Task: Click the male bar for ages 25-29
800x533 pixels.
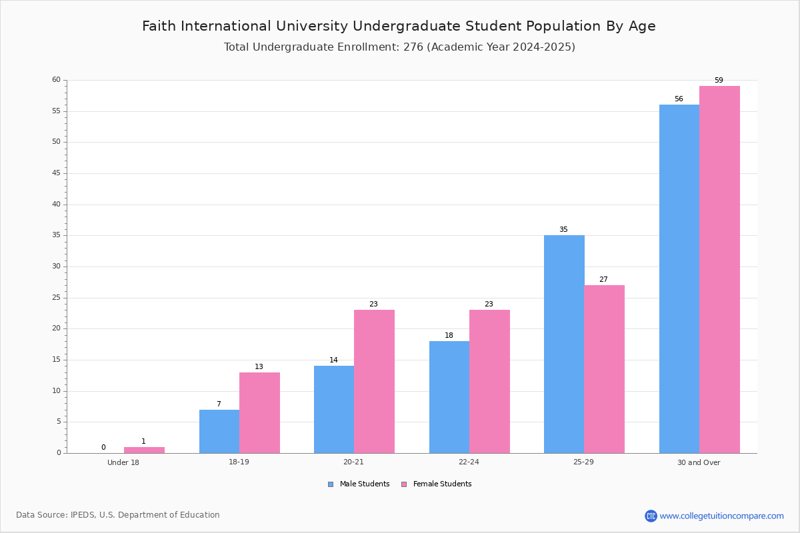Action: pyautogui.click(x=564, y=344)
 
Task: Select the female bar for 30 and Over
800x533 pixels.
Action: pyautogui.click(x=719, y=270)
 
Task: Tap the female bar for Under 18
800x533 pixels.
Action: pyautogui.click(x=144, y=450)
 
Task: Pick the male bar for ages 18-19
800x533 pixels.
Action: pyautogui.click(x=219, y=432)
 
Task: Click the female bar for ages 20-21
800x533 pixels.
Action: pyautogui.click(x=374, y=382)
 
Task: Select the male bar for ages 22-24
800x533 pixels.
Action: pyautogui.click(x=449, y=397)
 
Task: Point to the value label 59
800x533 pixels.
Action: pyautogui.click(x=719, y=81)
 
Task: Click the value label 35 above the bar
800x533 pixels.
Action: pyautogui.click(x=563, y=230)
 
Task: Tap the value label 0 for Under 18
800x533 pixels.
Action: pyautogui.click(x=103, y=447)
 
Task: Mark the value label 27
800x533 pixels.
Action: pyautogui.click(x=603, y=280)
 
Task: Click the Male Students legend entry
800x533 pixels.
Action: pyautogui.click(x=359, y=484)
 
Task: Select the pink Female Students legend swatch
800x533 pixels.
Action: pyautogui.click(x=404, y=484)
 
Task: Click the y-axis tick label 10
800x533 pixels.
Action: pyautogui.click(x=57, y=391)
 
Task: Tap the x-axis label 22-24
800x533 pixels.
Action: pyautogui.click(x=469, y=462)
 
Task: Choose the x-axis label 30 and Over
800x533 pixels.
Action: pyautogui.click(x=699, y=462)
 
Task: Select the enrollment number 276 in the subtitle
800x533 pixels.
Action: pyautogui.click(x=413, y=47)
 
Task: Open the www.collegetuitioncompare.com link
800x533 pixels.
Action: pyautogui.click(x=722, y=516)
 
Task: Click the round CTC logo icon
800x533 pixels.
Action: pyautogui.click(x=651, y=516)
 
